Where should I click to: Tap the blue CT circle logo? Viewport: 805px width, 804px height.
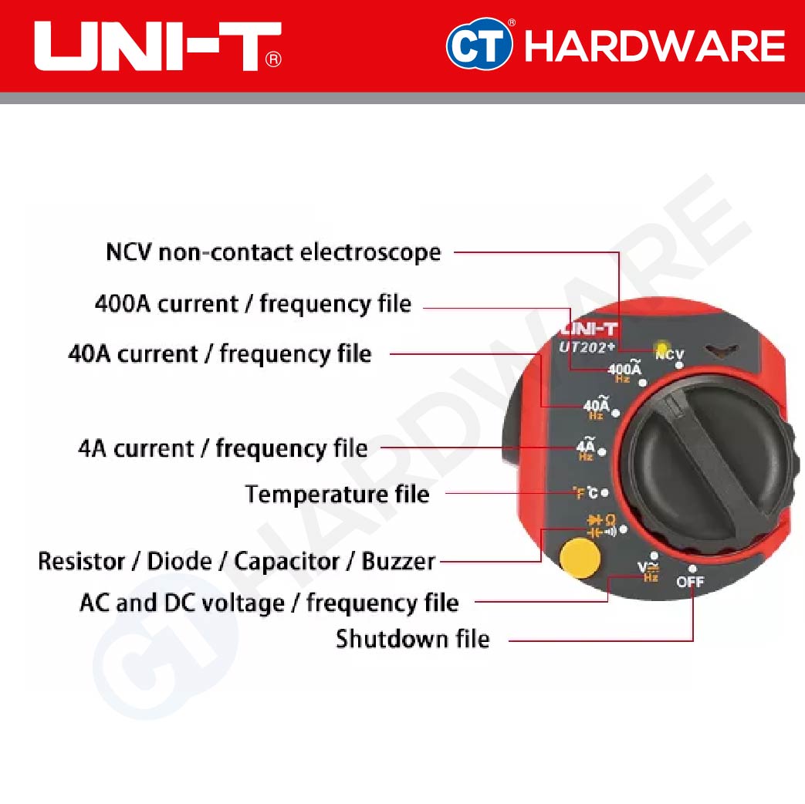(479, 46)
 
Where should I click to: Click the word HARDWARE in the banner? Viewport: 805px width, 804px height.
(654, 47)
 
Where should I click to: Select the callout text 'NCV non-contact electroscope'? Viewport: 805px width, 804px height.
(273, 252)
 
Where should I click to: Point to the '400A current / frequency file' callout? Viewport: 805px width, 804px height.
(252, 303)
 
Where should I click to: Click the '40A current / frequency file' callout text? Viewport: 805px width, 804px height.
(220, 354)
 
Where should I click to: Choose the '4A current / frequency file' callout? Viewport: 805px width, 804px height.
(223, 448)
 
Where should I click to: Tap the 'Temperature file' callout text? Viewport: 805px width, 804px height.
(337, 494)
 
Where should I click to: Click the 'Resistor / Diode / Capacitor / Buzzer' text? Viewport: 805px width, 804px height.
(236, 561)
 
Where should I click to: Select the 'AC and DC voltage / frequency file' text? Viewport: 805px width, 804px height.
(269, 602)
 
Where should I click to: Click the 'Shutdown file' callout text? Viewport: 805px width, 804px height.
(412, 639)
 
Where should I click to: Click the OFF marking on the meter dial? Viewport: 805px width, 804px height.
(690, 582)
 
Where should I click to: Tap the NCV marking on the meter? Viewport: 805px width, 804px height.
(669, 355)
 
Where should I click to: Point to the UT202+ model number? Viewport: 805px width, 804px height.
(587, 347)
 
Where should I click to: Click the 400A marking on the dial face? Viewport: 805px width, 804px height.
(624, 371)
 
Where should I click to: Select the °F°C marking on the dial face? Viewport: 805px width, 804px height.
(586, 492)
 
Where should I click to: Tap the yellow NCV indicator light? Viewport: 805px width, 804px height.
(661, 348)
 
